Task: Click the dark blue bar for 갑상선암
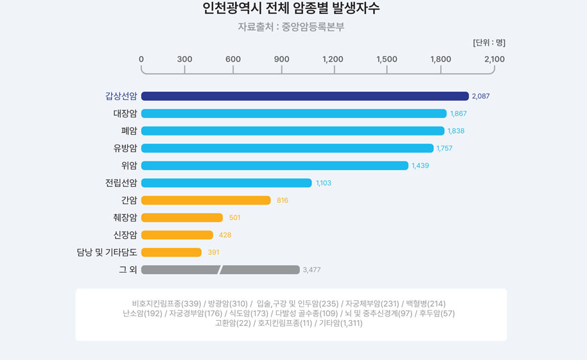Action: point(305,96)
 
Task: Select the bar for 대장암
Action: point(293,114)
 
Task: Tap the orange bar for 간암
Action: point(206,200)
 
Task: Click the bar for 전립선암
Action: point(226,183)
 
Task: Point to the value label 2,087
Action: point(480,96)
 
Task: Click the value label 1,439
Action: point(420,166)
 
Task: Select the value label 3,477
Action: point(311,270)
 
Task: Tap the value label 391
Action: point(213,253)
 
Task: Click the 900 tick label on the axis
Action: point(281,59)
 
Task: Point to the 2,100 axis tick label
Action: point(495,59)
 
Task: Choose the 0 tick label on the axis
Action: point(141,59)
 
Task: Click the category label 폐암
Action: point(129,131)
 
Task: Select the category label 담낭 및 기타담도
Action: point(107,253)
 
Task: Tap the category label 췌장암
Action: point(125,218)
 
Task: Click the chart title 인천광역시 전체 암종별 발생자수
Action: point(291,8)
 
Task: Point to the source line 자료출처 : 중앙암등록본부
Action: point(291,27)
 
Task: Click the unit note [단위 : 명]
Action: point(489,43)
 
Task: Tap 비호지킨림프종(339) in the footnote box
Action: point(166,304)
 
